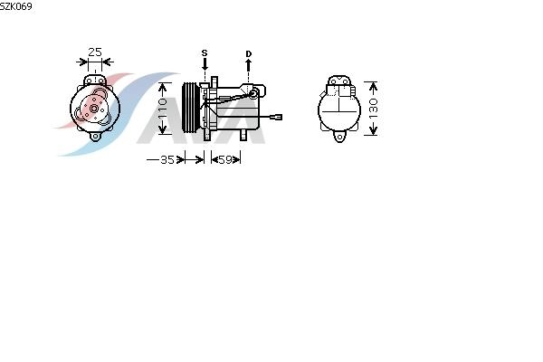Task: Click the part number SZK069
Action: click(x=16, y=6)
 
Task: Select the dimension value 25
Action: click(x=95, y=52)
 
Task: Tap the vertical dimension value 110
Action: click(x=163, y=108)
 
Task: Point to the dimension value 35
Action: click(x=167, y=159)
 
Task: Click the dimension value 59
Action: click(x=225, y=159)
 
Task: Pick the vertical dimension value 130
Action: click(x=373, y=108)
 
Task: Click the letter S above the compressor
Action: click(x=205, y=53)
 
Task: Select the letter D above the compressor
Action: click(x=249, y=53)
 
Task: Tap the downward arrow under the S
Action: click(x=205, y=65)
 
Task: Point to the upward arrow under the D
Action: click(x=248, y=65)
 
